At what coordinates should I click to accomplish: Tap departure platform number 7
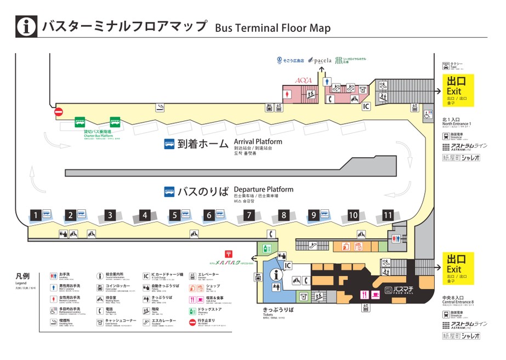click(x=248, y=215)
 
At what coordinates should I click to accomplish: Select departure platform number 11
click(x=388, y=215)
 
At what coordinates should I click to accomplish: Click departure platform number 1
click(x=35, y=215)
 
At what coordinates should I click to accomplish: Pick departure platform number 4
click(x=145, y=215)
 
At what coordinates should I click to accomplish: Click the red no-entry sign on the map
click(x=59, y=112)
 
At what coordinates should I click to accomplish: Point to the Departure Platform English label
click(x=263, y=190)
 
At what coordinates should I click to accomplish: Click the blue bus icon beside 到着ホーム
click(x=169, y=145)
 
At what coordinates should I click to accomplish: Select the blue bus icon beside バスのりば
click(x=169, y=192)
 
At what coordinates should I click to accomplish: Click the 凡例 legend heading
click(x=23, y=276)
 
